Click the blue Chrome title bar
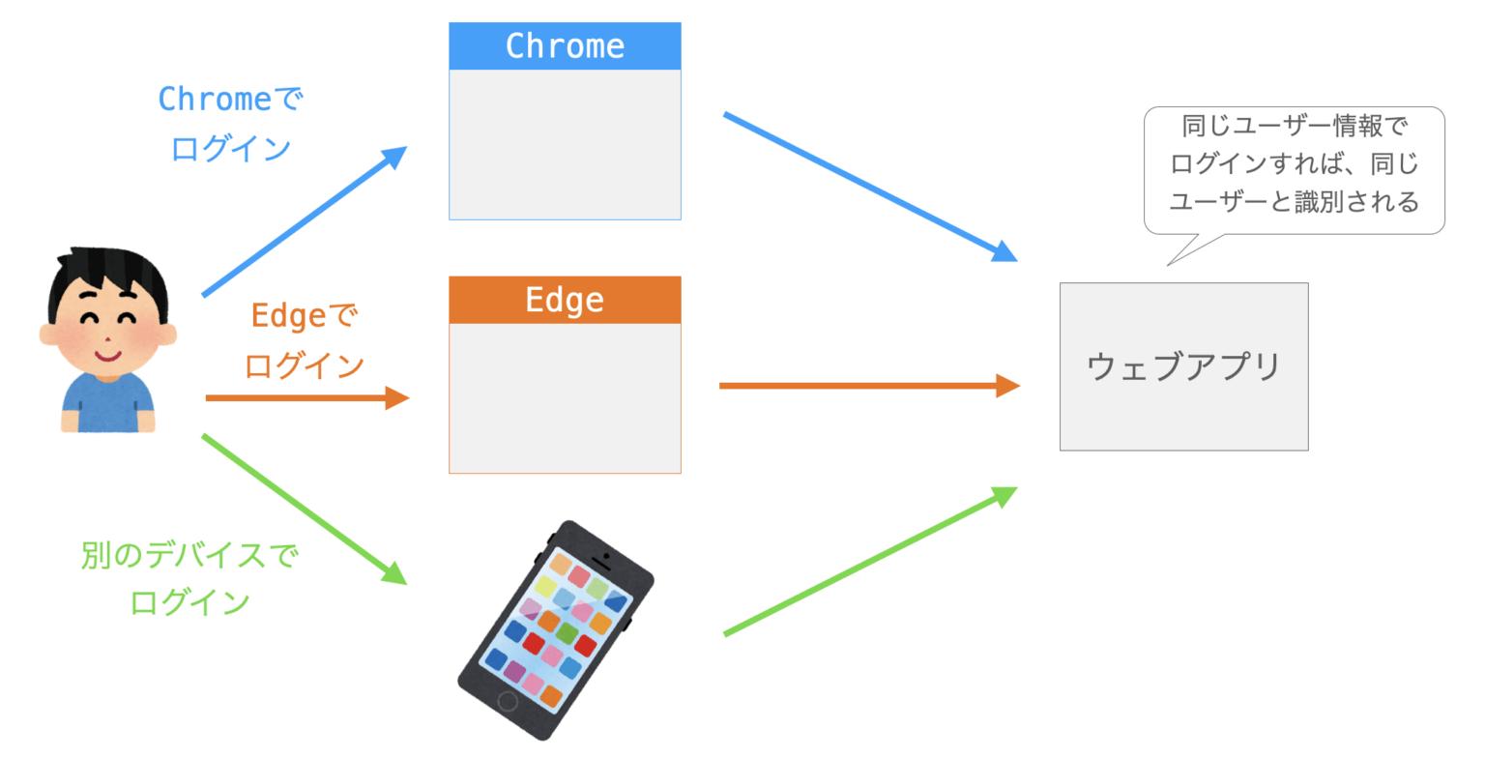click(565, 45)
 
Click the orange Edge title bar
click(565, 300)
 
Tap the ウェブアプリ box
click(1183, 366)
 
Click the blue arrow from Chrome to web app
click(870, 188)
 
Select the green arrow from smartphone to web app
click(870, 562)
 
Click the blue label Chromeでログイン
click(230, 123)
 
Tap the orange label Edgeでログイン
click(304, 340)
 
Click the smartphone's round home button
click(508, 700)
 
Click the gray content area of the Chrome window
click(565, 144)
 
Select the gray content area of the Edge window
click(565, 397)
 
